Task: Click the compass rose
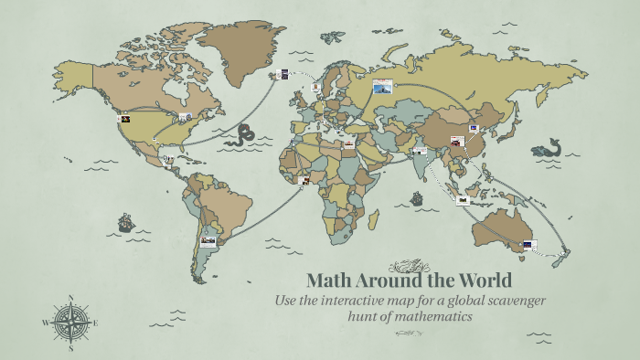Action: tap(70, 323)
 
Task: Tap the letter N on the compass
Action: tap(70, 297)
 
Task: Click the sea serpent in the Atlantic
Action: tap(243, 135)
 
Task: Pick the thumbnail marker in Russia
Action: tap(381, 86)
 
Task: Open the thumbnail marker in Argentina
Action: tap(208, 242)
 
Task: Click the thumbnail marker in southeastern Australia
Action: tap(529, 245)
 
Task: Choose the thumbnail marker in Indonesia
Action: tap(463, 199)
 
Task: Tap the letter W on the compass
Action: tap(45, 323)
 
